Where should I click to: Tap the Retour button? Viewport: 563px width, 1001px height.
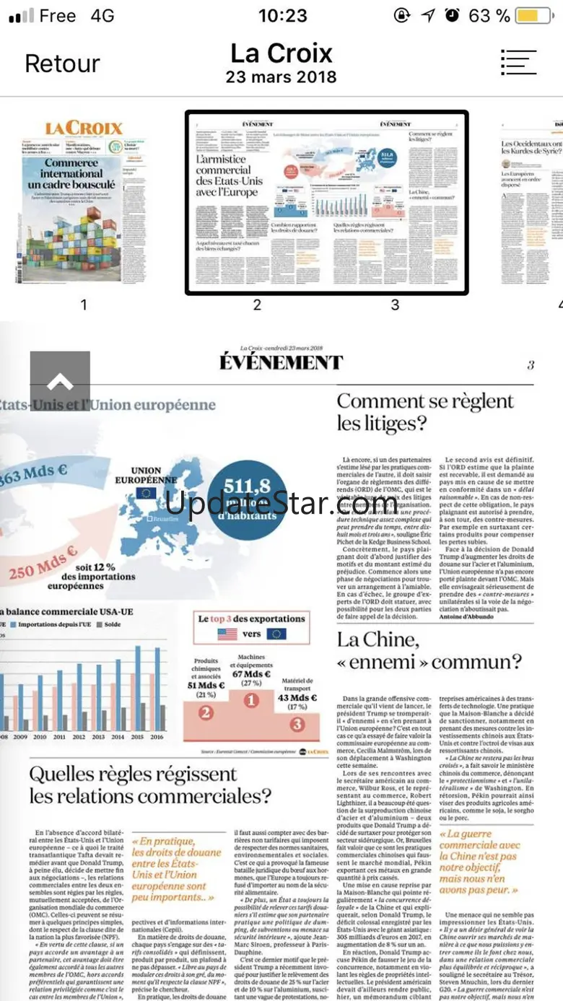(62, 64)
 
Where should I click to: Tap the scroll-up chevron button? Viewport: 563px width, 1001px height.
(60, 381)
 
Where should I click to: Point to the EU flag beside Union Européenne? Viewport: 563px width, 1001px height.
(146, 494)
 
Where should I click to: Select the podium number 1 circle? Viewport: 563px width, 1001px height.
(250, 699)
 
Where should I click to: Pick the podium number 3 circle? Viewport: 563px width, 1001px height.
(297, 724)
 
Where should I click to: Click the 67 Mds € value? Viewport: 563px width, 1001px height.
(251, 674)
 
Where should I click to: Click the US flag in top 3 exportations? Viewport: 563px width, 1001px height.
(227, 634)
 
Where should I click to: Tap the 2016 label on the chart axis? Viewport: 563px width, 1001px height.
(156, 736)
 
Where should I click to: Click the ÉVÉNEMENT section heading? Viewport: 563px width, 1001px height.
(281, 362)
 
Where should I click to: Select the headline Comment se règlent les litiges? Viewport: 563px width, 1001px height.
(425, 411)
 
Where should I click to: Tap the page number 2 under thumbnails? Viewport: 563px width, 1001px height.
(257, 305)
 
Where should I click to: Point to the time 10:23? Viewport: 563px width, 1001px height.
(282, 15)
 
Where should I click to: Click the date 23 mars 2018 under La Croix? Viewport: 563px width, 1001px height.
(281, 77)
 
